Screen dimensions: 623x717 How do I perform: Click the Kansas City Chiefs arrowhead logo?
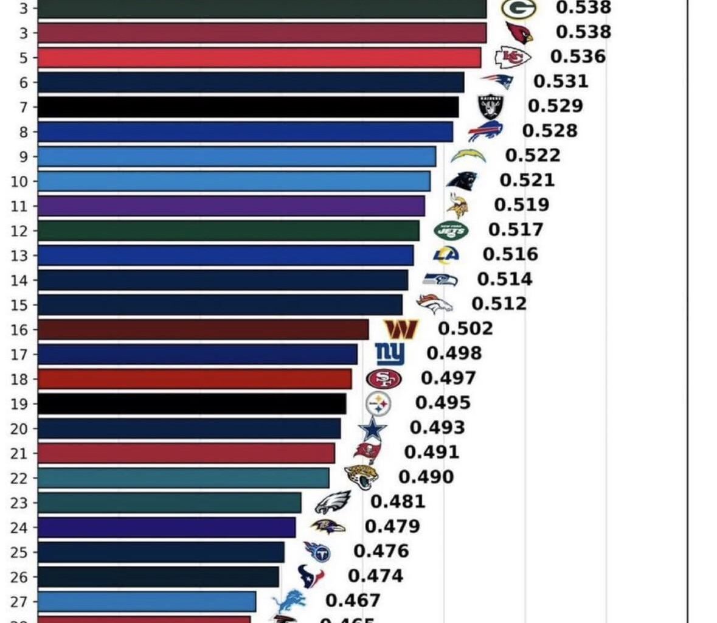coord(512,57)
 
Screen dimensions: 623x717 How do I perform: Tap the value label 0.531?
coord(561,81)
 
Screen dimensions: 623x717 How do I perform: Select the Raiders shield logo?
coord(491,106)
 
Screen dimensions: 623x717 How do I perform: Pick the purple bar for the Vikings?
coord(231,206)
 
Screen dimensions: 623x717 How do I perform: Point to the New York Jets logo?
coord(451,231)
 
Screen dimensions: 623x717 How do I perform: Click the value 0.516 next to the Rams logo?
coord(510,254)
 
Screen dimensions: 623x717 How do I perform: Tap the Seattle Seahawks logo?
coord(440,279)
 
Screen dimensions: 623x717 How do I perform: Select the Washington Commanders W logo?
coord(401,329)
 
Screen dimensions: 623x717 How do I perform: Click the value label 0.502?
coord(465,329)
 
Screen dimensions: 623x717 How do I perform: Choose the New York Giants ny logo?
coord(390,353)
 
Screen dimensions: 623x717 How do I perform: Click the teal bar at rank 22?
coord(182,478)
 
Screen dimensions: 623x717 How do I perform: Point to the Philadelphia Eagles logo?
coord(333,503)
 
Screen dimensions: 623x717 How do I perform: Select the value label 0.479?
coord(392,526)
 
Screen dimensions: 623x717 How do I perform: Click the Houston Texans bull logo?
coord(310,576)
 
